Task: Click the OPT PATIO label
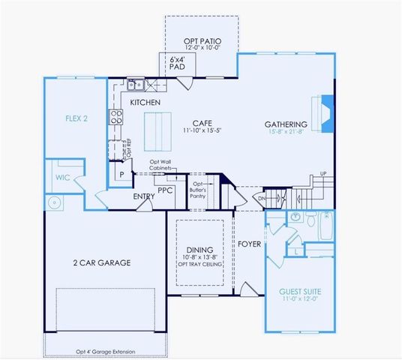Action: pos(201,41)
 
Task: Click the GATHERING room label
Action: pos(286,124)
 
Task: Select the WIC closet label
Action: pos(62,178)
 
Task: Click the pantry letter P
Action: pos(121,174)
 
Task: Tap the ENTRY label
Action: pos(143,196)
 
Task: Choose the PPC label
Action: pos(166,192)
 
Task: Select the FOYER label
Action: pos(248,244)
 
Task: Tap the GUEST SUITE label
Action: pos(300,291)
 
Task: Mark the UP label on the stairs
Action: pos(322,174)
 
